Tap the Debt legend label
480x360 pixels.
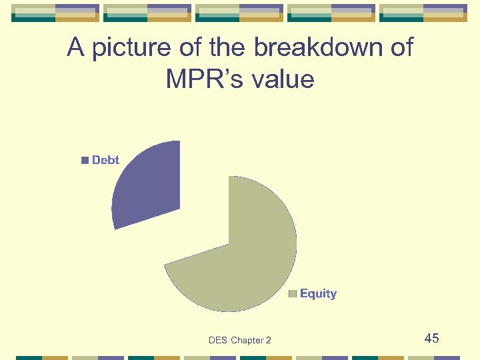(105, 160)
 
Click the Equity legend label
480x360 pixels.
(318, 293)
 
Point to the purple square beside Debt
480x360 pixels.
(85, 161)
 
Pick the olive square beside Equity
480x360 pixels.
(293, 294)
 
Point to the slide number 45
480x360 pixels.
(431, 338)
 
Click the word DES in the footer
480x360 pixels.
(218, 341)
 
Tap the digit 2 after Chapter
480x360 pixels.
(268, 341)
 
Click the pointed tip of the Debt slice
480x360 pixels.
(179, 209)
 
